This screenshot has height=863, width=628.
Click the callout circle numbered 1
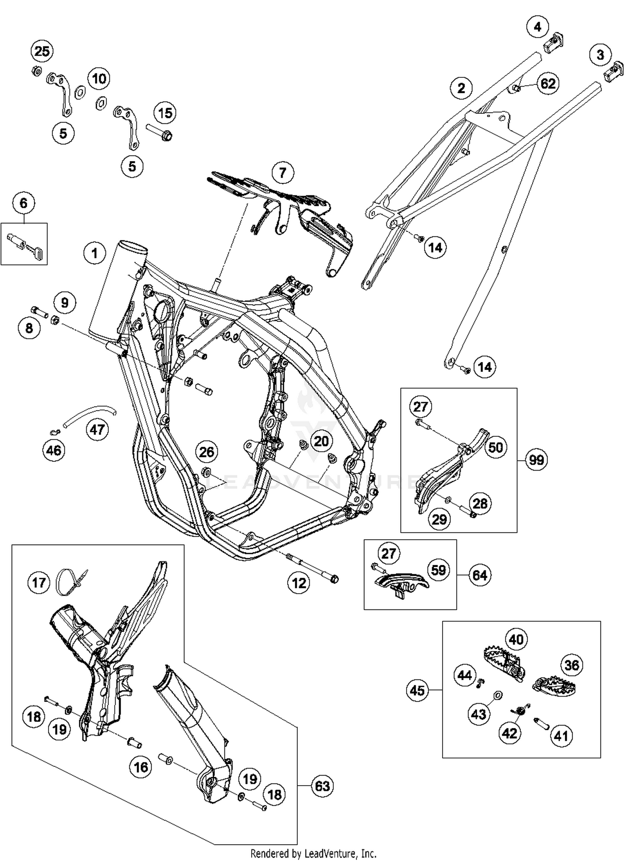coord(95,253)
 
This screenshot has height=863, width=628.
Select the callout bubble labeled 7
coord(283,172)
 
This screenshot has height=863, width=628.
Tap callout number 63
coord(322,786)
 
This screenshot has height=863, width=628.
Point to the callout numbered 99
coord(536,460)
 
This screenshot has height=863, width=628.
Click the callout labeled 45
coord(417,690)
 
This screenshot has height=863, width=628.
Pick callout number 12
coord(299,583)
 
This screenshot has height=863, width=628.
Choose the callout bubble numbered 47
coord(98,429)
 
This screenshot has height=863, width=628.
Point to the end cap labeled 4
coord(554,44)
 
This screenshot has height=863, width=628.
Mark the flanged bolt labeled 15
coord(160,131)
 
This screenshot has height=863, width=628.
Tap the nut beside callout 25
coord(36,71)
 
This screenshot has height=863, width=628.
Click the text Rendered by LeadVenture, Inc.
coord(314,853)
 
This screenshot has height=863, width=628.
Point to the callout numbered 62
coord(548,84)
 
